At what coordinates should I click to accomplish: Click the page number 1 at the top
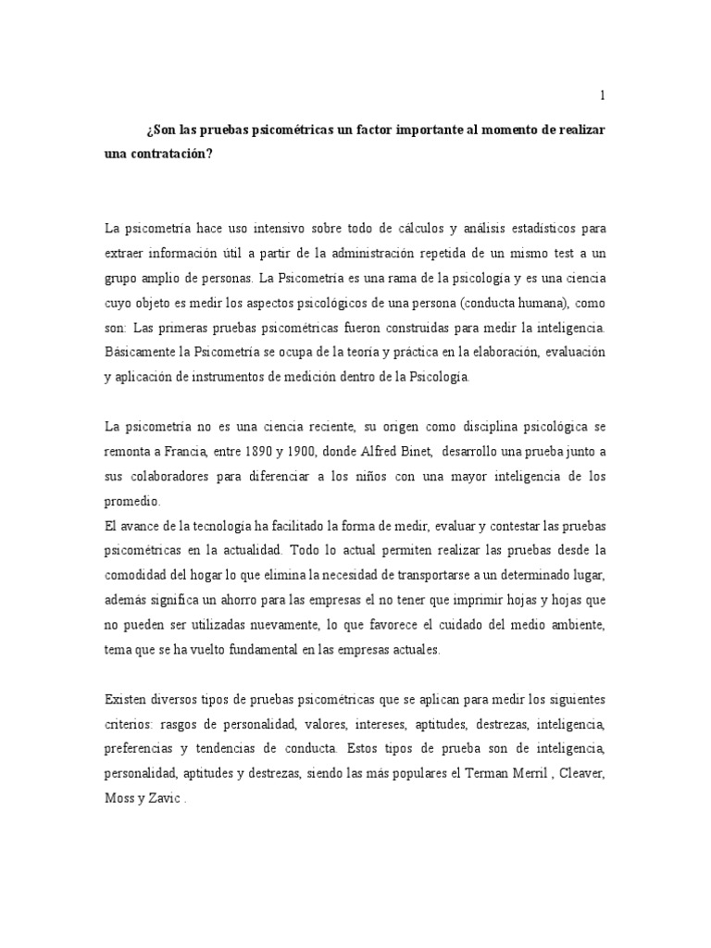[603, 95]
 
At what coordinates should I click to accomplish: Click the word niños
[372, 478]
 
